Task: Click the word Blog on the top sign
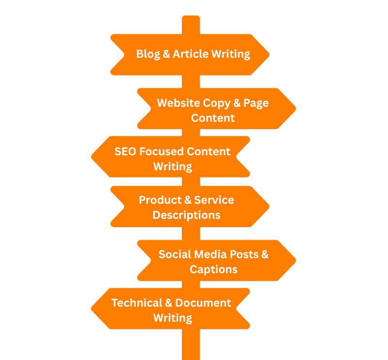(x=148, y=54)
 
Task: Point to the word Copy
(x=222, y=103)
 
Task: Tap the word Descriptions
(x=186, y=215)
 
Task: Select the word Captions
(x=213, y=269)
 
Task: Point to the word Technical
(x=135, y=303)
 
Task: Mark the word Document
(x=203, y=303)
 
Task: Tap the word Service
(x=214, y=200)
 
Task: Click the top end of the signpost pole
(x=191, y=17)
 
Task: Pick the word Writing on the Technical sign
(x=173, y=318)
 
